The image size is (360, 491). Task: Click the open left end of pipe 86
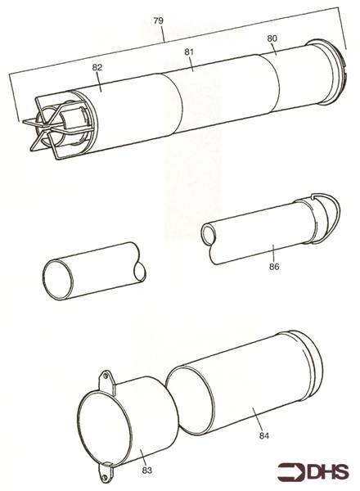[x=208, y=234]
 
